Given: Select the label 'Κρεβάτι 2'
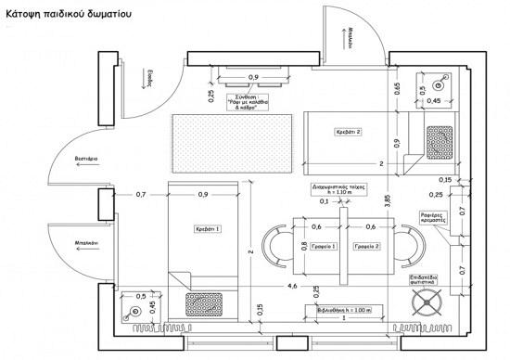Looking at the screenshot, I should click(347, 133).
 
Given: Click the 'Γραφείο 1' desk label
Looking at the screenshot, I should click(320, 246).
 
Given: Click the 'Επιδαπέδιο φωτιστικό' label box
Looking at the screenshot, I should click(429, 279).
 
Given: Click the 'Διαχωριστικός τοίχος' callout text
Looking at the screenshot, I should click(339, 189).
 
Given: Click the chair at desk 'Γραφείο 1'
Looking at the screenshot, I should click(277, 247).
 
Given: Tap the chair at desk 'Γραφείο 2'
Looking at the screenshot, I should click(408, 247).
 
